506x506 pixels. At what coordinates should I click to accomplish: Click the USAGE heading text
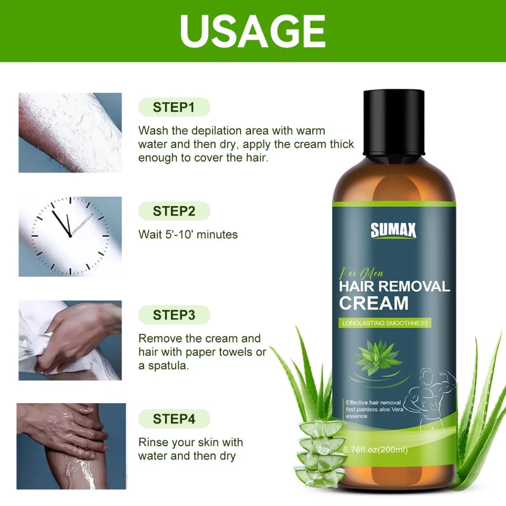click(x=253, y=31)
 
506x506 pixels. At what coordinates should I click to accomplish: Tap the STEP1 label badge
click(x=174, y=107)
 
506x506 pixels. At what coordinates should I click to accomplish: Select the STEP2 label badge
click(x=174, y=211)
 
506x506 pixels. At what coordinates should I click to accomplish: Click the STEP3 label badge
click(x=174, y=315)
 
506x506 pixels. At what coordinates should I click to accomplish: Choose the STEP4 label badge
click(x=174, y=419)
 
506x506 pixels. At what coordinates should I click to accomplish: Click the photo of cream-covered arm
click(x=70, y=133)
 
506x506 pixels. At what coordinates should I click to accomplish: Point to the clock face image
click(x=70, y=236)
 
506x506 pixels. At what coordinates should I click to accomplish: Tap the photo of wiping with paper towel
click(x=70, y=340)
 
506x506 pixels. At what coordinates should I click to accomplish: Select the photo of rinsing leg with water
click(x=71, y=446)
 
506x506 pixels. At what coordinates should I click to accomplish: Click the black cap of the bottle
click(x=394, y=122)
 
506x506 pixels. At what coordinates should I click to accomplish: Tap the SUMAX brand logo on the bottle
click(x=393, y=231)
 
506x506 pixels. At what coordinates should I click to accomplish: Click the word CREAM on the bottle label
click(x=374, y=303)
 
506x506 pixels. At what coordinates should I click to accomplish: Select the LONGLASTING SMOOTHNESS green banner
click(x=385, y=323)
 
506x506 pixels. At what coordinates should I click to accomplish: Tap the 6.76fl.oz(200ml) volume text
click(x=375, y=450)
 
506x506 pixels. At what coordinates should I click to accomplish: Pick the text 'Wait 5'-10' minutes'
click(x=188, y=235)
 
